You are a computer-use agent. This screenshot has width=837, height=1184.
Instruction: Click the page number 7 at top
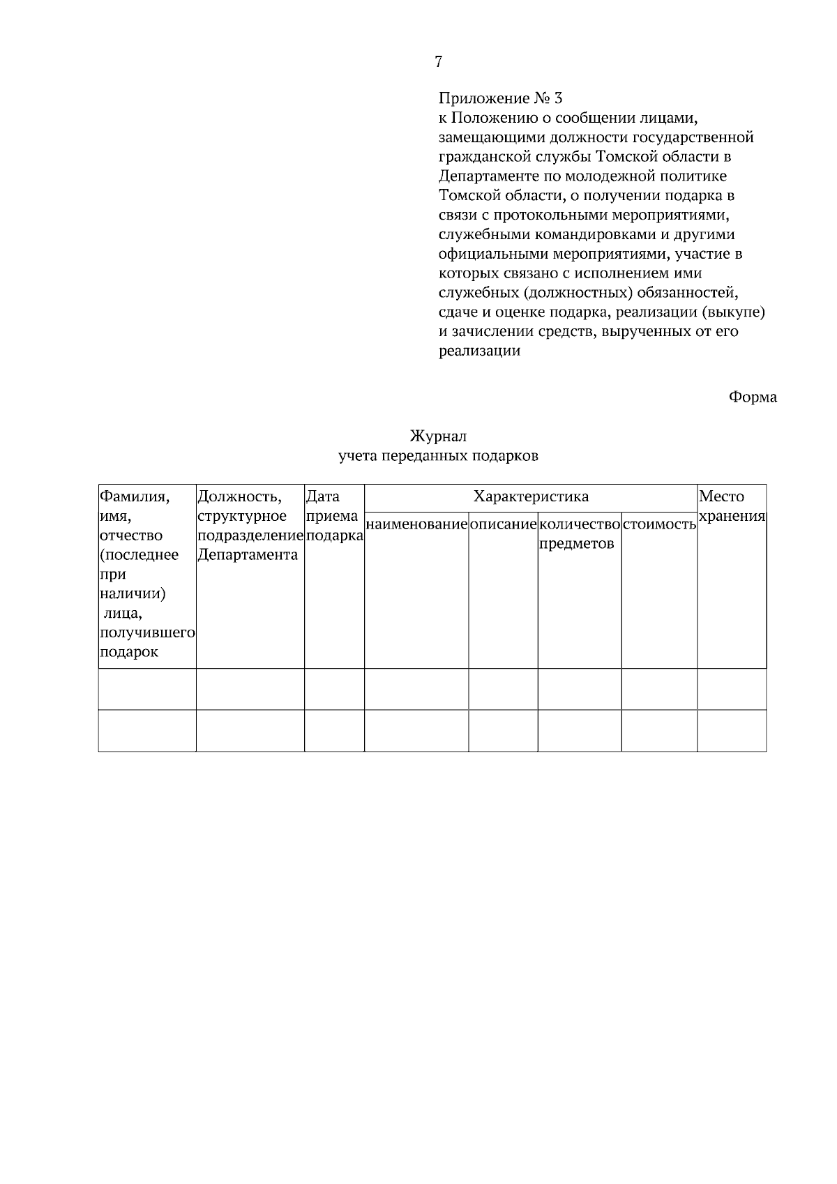coord(438,62)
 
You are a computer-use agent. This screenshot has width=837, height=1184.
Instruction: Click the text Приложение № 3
coord(500,98)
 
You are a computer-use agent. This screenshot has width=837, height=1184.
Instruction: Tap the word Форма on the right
coord(753,397)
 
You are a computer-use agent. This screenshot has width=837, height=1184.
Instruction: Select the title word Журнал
coord(438,437)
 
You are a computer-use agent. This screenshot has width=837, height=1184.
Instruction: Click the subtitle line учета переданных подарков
coord(438,457)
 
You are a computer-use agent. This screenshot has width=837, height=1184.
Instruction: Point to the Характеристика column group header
coord(531,496)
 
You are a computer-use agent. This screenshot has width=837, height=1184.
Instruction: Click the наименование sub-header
coord(416,524)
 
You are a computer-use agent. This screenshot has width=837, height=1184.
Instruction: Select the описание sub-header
coord(503,524)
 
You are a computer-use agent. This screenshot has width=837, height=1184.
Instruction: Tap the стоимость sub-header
coord(659,524)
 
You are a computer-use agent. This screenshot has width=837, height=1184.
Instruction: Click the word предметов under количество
coord(577,544)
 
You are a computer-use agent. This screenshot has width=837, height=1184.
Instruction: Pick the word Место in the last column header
coord(721,496)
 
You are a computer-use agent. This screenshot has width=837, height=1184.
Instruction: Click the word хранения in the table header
coord(732,517)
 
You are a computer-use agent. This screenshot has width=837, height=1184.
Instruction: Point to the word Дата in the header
coord(323,496)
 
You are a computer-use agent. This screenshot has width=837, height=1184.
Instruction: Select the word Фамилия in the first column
coord(135,496)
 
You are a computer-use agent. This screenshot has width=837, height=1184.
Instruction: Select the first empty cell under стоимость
coord(659,689)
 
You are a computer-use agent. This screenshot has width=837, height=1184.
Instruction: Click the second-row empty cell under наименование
coord(416,730)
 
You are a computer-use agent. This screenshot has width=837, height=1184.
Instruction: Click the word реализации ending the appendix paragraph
coord(480,351)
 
